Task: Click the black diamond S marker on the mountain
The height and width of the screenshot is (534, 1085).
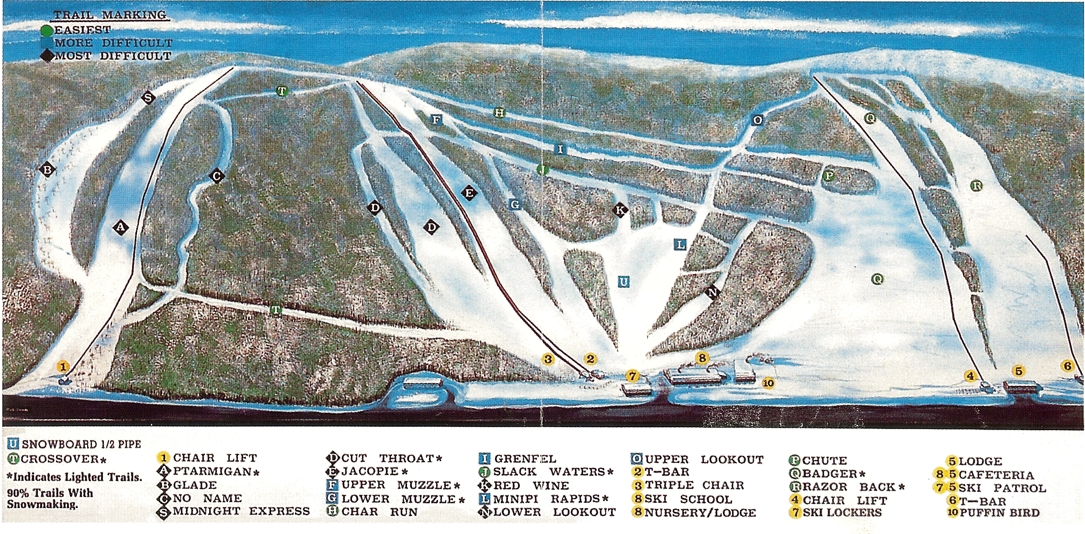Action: [x=148, y=98]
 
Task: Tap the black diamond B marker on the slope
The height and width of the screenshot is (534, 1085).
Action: [x=47, y=170]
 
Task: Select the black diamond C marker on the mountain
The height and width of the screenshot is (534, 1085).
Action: [x=216, y=176]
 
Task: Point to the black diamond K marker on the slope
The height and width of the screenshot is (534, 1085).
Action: [x=620, y=210]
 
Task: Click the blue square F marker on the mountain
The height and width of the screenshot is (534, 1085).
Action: [x=436, y=119]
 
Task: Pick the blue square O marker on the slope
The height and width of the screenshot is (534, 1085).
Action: [x=757, y=120]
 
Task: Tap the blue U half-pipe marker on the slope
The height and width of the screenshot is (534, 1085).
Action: [x=623, y=282]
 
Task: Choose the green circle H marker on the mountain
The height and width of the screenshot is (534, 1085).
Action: [x=499, y=113]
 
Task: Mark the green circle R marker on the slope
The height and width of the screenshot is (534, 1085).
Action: [x=976, y=185]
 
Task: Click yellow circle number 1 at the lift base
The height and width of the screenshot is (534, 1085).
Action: [x=63, y=367]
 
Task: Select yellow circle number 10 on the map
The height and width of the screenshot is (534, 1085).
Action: [x=768, y=383]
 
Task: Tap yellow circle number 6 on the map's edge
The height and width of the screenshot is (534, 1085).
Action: [x=1067, y=366]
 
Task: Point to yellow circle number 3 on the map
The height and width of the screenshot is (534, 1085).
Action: [x=548, y=359]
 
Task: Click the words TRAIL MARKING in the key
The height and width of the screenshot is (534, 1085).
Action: [x=110, y=15]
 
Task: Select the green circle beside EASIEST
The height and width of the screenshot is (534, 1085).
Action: [x=46, y=31]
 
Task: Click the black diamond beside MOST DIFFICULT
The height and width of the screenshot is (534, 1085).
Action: [x=47, y=56]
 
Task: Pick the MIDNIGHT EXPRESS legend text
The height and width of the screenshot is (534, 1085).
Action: [x=241, y=511]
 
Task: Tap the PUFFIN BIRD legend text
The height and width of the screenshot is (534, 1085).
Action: [x=999, y=512]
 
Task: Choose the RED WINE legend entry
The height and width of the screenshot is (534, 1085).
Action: [x=531, y=485]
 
